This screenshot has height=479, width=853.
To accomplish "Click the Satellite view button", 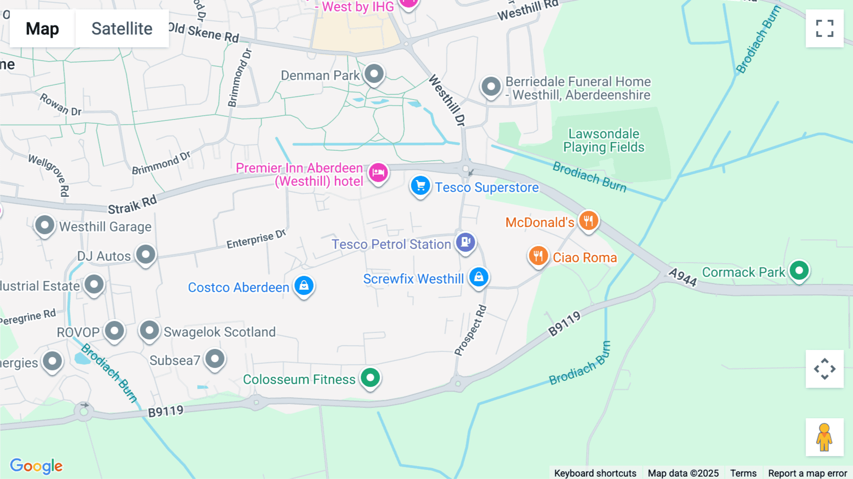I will [122, 28].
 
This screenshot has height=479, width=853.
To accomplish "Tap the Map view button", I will [42, 28].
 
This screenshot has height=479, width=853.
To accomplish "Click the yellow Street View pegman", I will [824, 437].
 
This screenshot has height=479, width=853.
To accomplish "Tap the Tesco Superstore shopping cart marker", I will [420, 186].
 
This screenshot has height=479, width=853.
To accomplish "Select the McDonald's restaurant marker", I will [589, 221].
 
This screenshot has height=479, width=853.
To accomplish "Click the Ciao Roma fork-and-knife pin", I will [538, 256].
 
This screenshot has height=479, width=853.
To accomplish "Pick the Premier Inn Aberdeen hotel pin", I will [378, 172].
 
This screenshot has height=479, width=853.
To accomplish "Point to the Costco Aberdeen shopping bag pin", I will [304, 286].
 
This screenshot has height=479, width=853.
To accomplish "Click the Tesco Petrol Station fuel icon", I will [466, 242].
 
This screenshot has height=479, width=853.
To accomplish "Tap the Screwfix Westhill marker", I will [479, 276].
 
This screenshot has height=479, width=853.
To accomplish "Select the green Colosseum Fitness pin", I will [370, 378].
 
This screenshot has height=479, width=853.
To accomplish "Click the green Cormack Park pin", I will [799, 270].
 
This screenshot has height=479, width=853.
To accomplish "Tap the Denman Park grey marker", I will [374, 74].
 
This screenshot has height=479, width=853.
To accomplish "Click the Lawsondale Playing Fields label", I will [604, 140].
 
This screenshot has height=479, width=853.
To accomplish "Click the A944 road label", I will [682, 277].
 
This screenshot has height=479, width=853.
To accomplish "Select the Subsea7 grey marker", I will [215, 359].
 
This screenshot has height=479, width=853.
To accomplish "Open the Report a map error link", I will [807, 473].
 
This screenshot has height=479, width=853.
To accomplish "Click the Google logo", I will [36, 466].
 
